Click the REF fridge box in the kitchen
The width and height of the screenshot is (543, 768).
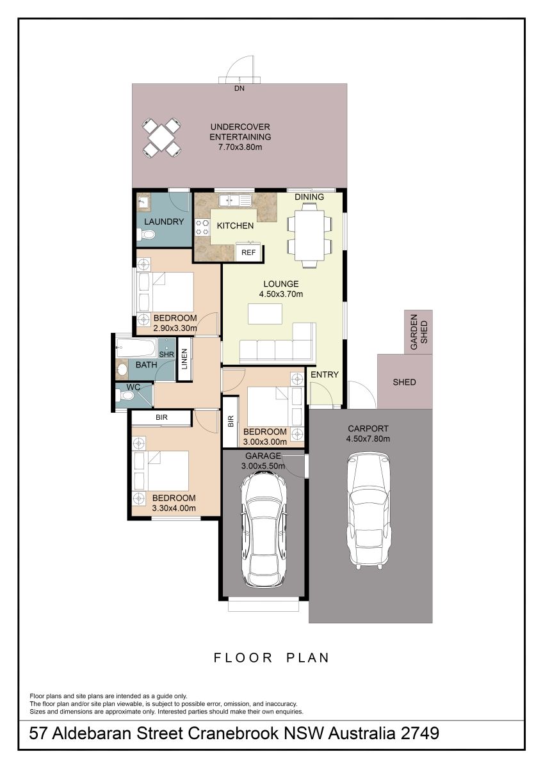(x=248, y=252)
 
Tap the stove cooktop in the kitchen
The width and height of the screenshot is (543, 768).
(x=202, y=227)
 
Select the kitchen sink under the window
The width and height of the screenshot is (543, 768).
(x=235, y=200)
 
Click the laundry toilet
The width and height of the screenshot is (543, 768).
(x=146, y=235)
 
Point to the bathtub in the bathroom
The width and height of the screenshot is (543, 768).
(x=136, y=348)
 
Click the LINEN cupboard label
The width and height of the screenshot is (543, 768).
(x=184, y=359)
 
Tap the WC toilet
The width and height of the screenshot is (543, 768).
(x=125, y=396)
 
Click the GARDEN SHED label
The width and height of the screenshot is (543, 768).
(x=419, y=332)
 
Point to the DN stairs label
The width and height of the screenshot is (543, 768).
(x=239, y=88)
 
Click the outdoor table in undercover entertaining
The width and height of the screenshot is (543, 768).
(x=161, y=138)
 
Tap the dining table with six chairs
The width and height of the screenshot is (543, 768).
(x=310, y=236)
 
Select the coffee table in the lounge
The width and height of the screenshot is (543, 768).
(x=265, y=314)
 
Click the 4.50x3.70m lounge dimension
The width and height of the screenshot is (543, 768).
(x=281, y=294)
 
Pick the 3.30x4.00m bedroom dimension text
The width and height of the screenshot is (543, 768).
(x=174, y=508)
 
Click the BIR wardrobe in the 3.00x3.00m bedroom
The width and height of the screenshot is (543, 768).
(x=231, y=422)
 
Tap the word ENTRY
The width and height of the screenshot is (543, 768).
(x=325, y=375)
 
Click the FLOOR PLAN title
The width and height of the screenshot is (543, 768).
(x=271, y=658)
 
